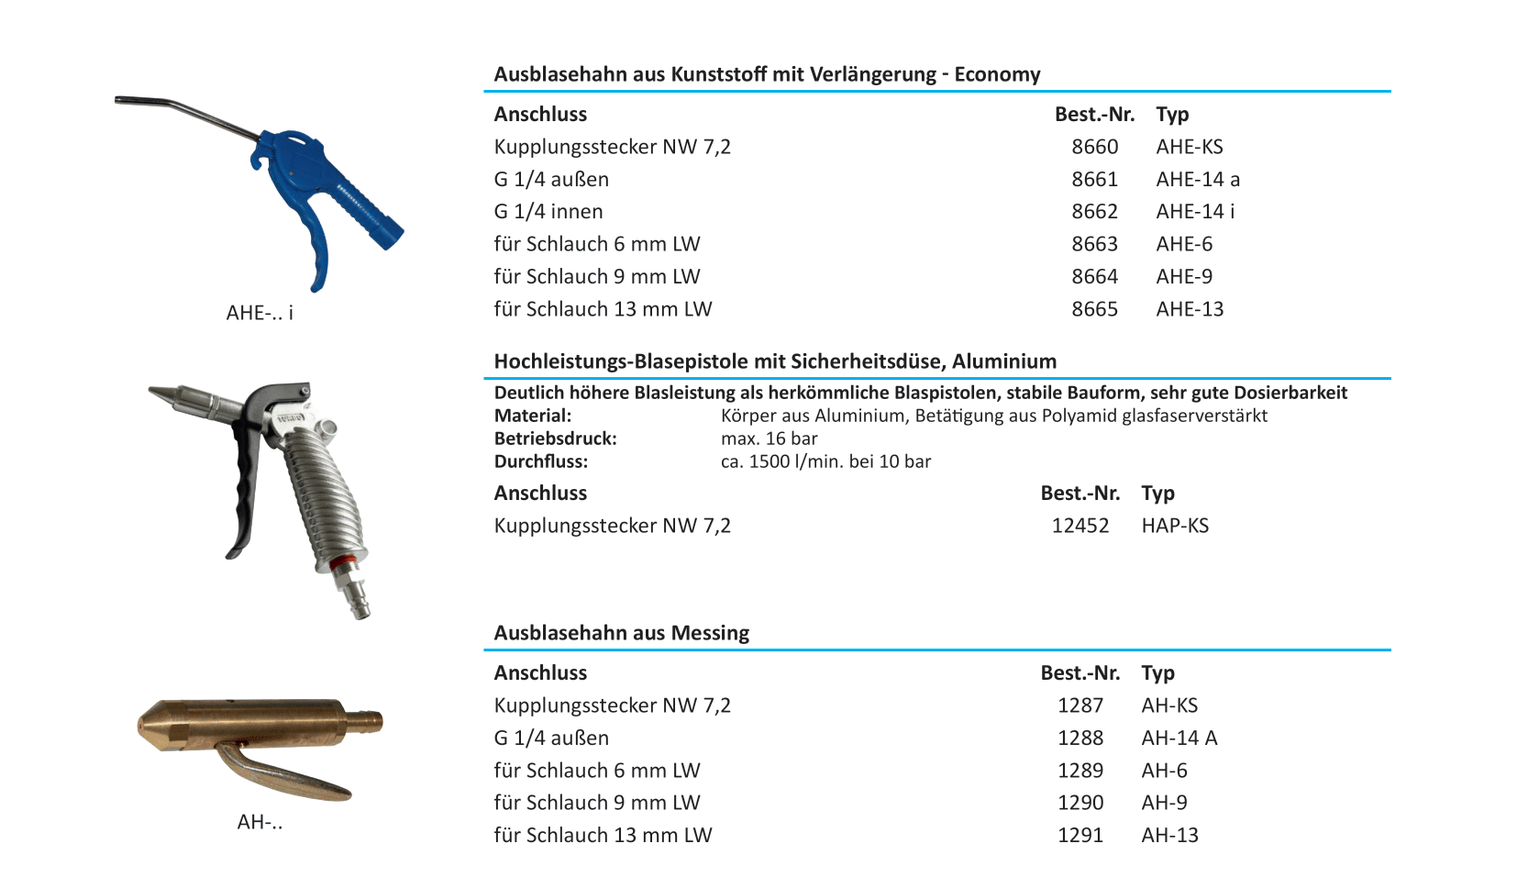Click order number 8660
(x=1094, y=147)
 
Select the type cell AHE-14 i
(x=1195, y=212)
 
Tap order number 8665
(x=1094, y=309)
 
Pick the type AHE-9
(x=1184, y=277)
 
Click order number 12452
(x=1080, y=526)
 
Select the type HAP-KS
(x=1175, y=526)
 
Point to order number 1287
(x=1080, y=705)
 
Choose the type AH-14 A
(x=1179, y=738)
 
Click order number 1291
(x=1080, y=836)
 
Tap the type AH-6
(x=1164, y=771)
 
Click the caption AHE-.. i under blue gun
(x=260, y=313)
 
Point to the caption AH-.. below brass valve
(x=260, y=822)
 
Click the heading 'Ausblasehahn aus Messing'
(x=621, y=633)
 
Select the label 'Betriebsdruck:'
(x=555, y=438)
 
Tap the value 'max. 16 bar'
(x=769, y=438)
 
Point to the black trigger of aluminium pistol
(x=243, y=486)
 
